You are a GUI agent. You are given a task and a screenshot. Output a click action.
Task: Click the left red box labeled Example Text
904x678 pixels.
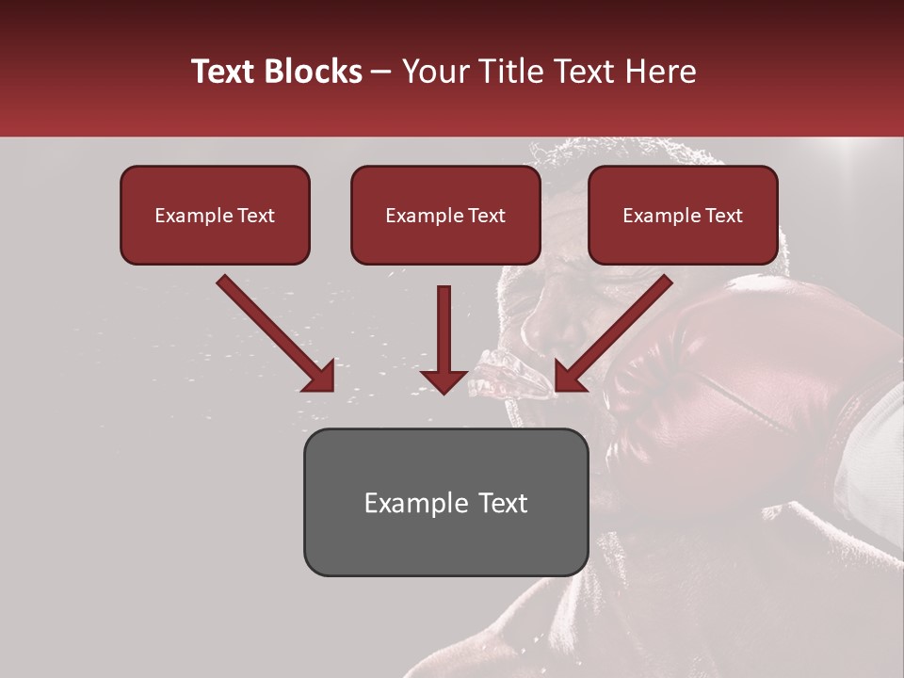215,215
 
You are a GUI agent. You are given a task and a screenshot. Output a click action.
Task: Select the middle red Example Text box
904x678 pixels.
445,215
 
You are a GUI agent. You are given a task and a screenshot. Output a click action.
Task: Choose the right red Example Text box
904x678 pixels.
683,215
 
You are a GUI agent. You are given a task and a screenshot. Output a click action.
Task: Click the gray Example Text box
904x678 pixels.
445,502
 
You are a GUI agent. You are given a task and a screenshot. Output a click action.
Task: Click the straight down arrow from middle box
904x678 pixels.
444,339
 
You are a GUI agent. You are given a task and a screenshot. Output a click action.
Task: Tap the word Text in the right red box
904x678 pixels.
723,216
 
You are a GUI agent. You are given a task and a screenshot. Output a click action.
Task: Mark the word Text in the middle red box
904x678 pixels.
486,216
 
